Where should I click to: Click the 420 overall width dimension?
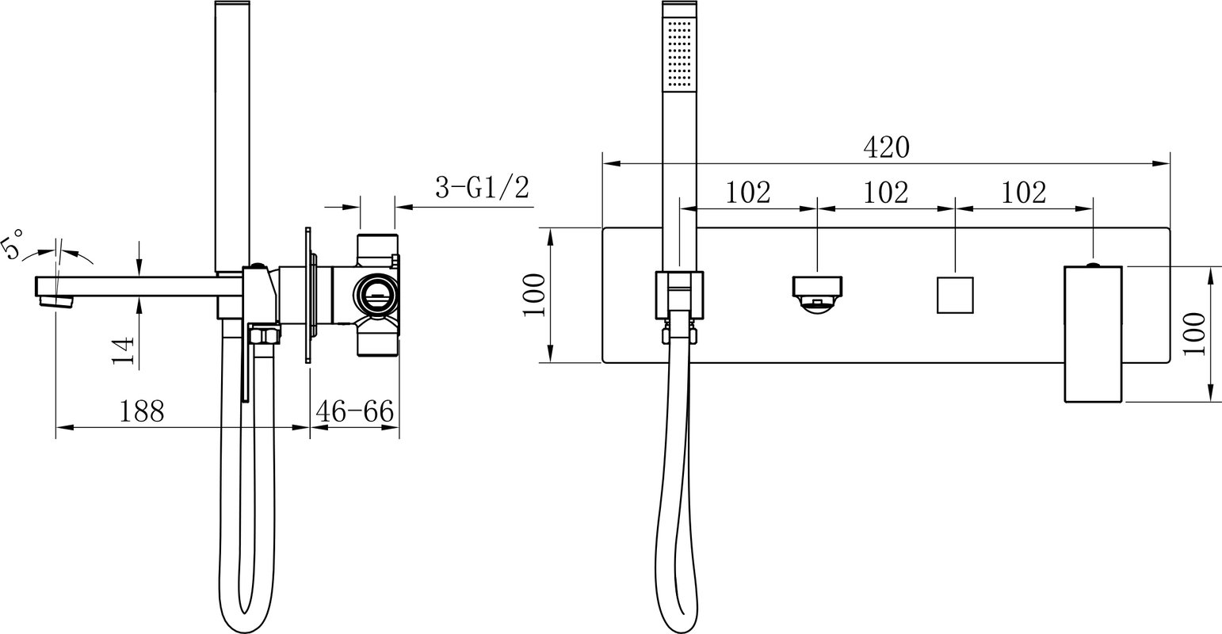click(887, 147)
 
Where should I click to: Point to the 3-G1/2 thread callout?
click(483, 188)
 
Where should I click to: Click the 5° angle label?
click(13, 244)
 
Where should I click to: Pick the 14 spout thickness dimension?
click(123, 350)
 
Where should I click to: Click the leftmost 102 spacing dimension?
click(748, 192)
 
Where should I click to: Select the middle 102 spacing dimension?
click(886, 192)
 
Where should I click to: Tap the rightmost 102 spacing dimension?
click(1023, 192)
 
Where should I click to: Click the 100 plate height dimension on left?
click(534, 295)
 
